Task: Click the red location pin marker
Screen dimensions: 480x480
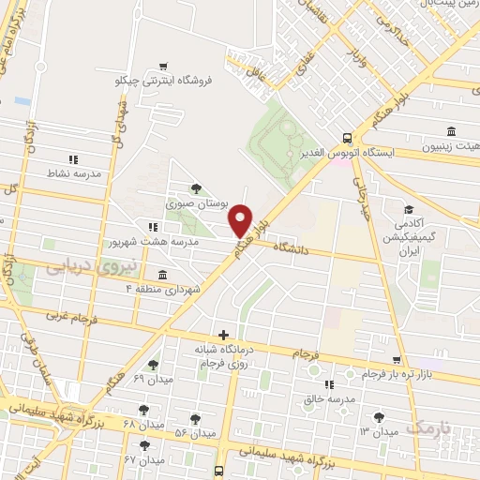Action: (x=241, y=220)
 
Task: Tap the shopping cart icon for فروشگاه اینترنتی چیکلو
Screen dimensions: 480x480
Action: (x=165, y=66)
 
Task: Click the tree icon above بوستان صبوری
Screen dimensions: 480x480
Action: (x=195, y=187)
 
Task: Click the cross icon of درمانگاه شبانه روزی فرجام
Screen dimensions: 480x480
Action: (x=223, y=335)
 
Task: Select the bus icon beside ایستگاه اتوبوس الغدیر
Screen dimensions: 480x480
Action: (x=347, y=136)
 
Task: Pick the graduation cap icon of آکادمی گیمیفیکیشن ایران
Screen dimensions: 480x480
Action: (x=409, y=210)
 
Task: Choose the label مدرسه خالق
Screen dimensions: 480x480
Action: (x=328, y=399)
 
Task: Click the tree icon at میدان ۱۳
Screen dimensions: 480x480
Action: (x=379, y=417)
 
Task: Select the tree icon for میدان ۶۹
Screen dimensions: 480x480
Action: (x=154, y=366)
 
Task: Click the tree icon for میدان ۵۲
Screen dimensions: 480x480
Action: (x=195, y=419)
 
